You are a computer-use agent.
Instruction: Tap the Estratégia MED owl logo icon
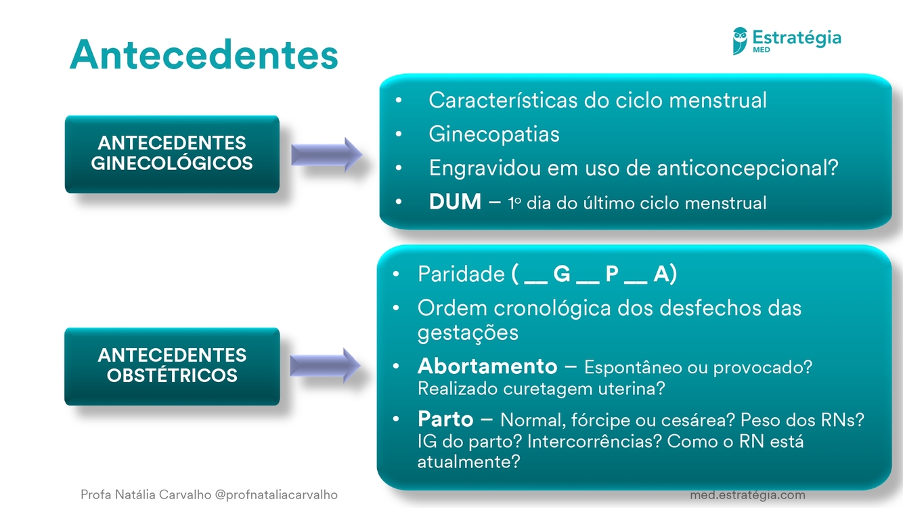(x=740, y=40)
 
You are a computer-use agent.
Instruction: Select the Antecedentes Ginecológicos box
(x=172, y=154)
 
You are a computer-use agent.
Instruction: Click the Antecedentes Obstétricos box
(x=172, y=366)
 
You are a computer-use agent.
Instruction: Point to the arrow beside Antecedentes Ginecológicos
(x=326, y=154)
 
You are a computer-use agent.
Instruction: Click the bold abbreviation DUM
(x=455, y=202)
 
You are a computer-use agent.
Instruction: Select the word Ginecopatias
(x=494, y=134)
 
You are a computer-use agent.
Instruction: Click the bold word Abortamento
(x=487, y=366)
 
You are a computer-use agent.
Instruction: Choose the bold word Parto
(x=445, y=419)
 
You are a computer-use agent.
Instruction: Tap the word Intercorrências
(x=593, y=442)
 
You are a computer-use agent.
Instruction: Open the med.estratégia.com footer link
(x=747, y=494)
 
